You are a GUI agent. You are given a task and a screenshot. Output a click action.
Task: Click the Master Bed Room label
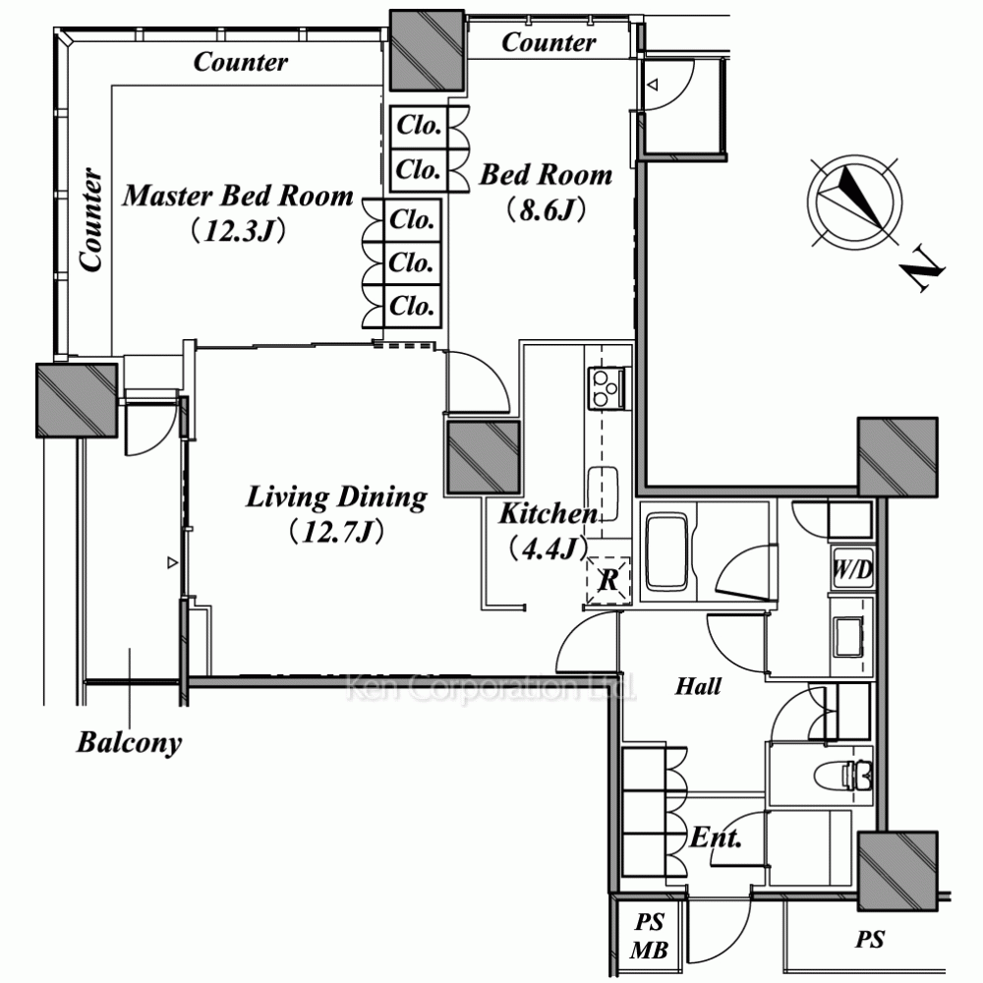click(238, 196)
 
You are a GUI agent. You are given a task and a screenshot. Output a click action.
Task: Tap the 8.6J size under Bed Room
click(546, 210)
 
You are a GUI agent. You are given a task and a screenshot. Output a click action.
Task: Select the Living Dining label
click(335, 497)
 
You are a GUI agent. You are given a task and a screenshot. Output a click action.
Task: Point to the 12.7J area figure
click(335, 532)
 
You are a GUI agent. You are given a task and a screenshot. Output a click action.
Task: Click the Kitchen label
click(547, 514)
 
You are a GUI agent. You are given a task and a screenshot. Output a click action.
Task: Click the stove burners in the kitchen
click(607, 386)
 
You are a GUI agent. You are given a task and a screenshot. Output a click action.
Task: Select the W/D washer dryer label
click(851, 570)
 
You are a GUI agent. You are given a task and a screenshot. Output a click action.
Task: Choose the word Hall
click(698, 686)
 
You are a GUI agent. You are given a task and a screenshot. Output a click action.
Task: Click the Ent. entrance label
click(715, 838)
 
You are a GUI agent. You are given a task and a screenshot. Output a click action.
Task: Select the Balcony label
click(130, 742)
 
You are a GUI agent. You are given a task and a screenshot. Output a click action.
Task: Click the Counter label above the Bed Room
click(549, 42)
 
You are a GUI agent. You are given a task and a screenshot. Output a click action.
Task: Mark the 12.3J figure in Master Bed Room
click(238, 230)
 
